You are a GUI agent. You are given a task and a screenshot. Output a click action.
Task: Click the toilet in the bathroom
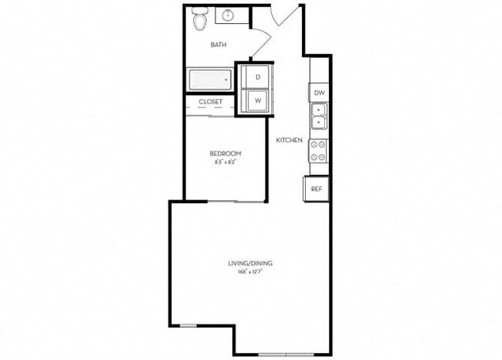click(x=200, y=20)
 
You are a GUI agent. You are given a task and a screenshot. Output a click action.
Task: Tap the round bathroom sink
click(x=229, y=15)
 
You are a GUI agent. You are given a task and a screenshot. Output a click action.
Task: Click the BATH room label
click(x=219, y=45)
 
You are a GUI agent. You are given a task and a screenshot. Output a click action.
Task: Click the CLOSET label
click(x=211, y=102)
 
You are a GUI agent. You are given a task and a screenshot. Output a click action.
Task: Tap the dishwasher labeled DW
click(x=318, y=93)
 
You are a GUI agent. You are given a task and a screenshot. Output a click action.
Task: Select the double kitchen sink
click(x=318, y=117)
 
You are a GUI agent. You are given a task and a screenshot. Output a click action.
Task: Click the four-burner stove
click(x=318, y=150)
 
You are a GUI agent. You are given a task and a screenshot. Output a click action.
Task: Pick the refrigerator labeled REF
click(x=317, y=188)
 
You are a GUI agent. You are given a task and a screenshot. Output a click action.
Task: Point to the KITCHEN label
click(x=289, y=140)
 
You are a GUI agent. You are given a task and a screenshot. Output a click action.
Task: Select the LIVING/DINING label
click(x=249, y=263)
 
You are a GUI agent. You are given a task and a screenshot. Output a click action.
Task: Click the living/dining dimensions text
click(x=249, y=273)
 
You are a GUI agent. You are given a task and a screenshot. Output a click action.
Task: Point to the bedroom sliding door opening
click(x=235, y=202)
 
